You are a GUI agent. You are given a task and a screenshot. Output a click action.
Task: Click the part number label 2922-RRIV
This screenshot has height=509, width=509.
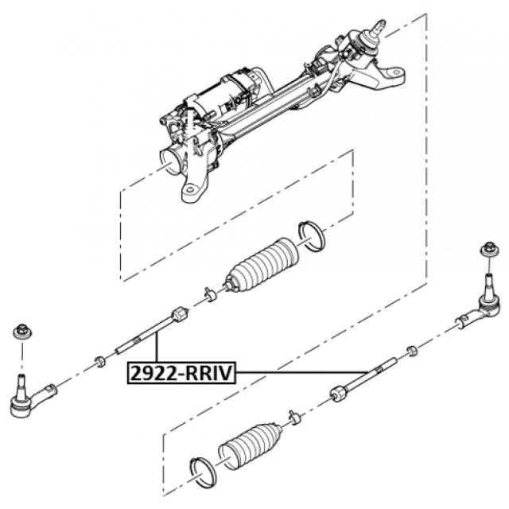click(x=181, y=373)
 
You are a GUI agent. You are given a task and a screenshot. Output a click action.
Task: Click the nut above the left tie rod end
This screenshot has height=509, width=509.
click(x=22, y=332)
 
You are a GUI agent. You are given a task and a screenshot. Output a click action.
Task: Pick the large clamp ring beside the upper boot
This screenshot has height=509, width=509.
click(x=312, y=236)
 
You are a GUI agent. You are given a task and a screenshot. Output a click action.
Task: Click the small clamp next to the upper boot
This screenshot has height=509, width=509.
click(x=210, y=294)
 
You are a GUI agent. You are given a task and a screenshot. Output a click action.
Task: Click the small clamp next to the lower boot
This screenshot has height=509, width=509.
click(x=294, y=418)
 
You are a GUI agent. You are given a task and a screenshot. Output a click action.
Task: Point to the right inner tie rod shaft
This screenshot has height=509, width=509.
click(x=363, y=379)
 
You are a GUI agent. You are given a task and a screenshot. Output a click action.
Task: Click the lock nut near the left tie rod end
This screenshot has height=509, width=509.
click(x=99, y=361)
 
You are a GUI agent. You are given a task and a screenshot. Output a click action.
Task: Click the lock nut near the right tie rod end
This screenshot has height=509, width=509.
click(x=412, y=351)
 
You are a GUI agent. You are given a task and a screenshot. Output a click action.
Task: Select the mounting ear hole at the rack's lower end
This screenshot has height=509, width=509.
click(x=192, y=190)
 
